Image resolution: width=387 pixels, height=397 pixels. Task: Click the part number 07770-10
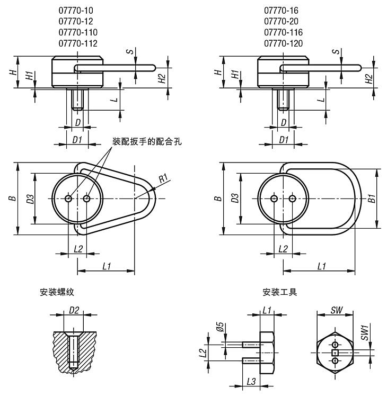tap(77, 10)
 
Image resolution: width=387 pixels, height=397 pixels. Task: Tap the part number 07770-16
tap(282, 10)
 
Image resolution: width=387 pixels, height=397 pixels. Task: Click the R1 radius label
tap(165, 178)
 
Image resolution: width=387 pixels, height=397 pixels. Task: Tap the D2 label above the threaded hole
tap(74, 310)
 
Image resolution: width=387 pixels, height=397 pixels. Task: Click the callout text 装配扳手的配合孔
tap(147, 141)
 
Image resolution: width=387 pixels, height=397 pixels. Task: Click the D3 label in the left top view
tap(31, 198)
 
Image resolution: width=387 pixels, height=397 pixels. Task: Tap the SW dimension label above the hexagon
tap(335, 310)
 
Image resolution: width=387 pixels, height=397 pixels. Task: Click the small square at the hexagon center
tap(334, 353)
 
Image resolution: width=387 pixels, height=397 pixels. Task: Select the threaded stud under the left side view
tap(78, 99)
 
